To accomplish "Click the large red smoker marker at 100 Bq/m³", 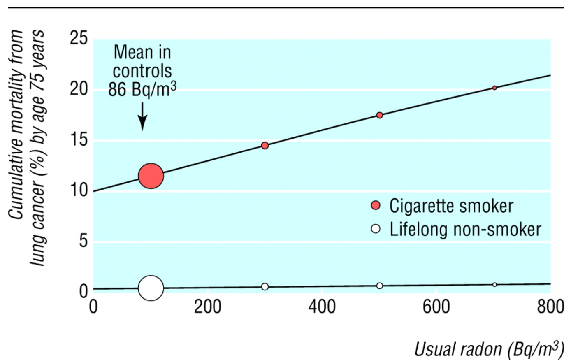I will click(151, 176).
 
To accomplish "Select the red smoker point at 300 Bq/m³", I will click(265, 146).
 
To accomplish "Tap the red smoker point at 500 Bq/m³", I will click(380, 115).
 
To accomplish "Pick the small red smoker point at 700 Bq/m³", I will click(494, 88).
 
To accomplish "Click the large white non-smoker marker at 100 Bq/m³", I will click(151, 288).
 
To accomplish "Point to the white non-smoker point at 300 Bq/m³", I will click(265, 287).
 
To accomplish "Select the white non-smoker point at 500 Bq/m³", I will click(380, 286).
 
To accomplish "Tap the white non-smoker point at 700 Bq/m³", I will click(494, 285).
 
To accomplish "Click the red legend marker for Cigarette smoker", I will click(376, 205).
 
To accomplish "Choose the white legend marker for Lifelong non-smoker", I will click(376, 229).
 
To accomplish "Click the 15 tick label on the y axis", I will click(79, 140).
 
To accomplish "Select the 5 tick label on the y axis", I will click(84, 241).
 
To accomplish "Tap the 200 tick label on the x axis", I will click(207, 307).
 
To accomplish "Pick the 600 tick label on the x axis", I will click(436, 307).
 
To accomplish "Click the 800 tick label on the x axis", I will click(550, 307).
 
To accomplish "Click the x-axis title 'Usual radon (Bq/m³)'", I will click(489, 349).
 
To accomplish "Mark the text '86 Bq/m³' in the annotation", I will click(142, 89).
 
